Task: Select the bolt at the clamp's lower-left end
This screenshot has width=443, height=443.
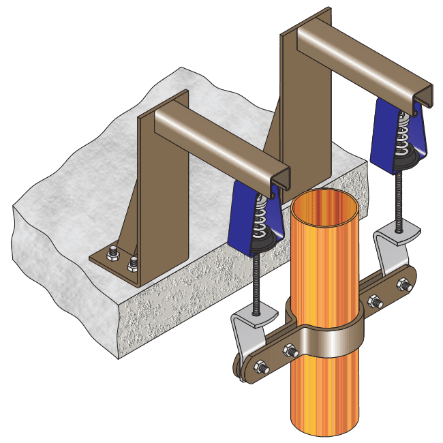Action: pos(261,368)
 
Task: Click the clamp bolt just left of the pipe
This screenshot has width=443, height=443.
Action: pos(290,351)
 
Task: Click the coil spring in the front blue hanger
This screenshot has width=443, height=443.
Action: pos(260,216)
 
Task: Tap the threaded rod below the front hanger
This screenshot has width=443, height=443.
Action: pos(256,279)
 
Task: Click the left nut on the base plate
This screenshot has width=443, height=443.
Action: pos(112,254)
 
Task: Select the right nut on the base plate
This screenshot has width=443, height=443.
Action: pos(133,260)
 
